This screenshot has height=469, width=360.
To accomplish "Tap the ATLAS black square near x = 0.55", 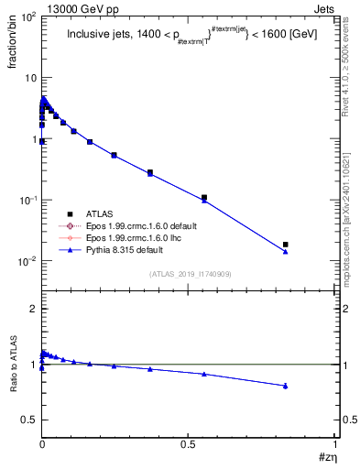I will click(x=204, y=197).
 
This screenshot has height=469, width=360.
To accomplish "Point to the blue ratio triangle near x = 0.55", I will click(x=204, y=374).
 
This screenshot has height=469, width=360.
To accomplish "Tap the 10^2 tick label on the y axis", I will click(x=28, y=17).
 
